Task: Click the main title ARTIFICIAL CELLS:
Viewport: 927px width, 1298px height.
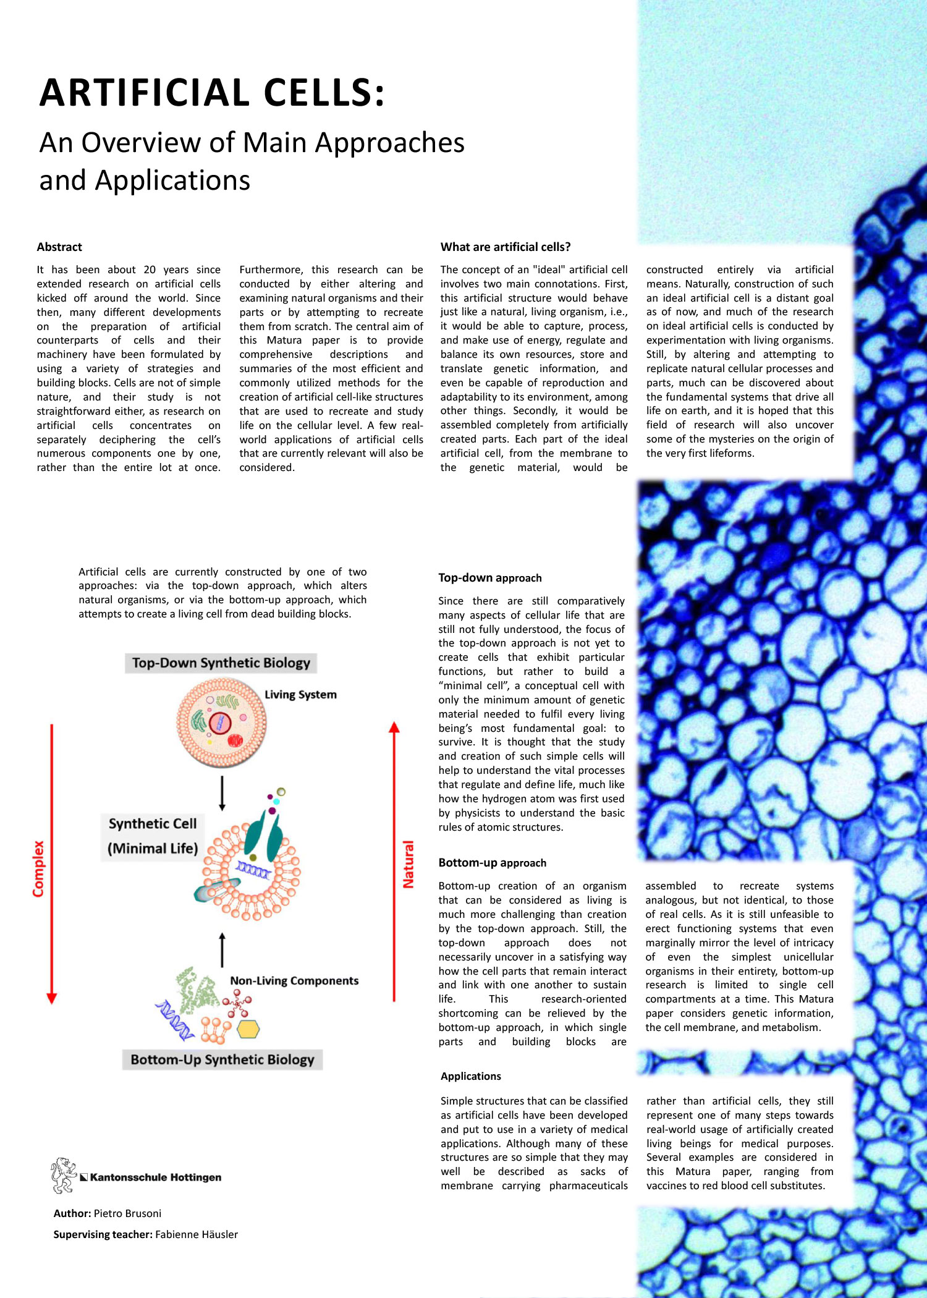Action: [x=212, y=93]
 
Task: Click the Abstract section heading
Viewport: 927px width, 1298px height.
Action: [x=59, y=247]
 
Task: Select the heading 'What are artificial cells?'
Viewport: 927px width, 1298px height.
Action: [x=506, y=247]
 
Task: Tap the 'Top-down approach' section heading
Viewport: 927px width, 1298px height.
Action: [x=490, y=578]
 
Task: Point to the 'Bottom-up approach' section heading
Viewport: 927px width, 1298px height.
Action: [x=493, y=863]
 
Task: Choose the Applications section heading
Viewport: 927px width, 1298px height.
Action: [x=471, y=1076]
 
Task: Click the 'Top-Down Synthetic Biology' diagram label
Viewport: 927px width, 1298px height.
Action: [x=221, y=663]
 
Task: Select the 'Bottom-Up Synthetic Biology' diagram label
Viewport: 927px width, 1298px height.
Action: [x=222, y=1059]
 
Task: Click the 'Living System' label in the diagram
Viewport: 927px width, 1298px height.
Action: [x=300, y=695]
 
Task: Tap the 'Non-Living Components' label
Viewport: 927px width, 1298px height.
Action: [x=294, y=981]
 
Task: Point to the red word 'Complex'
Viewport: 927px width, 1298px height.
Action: [x=39, y=868]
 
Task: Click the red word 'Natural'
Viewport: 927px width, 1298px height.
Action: [x=408, y=864]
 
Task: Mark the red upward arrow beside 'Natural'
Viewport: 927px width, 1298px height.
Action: [x=394, y=859]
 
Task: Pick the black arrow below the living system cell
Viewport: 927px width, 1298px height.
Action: [x=222, y=792]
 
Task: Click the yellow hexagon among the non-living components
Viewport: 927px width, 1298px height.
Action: [x=248, y=1029]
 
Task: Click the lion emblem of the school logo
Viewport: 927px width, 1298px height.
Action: [x=63, y=1175]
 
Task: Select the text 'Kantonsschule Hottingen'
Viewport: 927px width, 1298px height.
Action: [x=156, y=1177]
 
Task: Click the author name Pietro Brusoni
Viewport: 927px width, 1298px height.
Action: [x=127, y=1213]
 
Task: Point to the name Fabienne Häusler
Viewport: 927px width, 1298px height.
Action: [x=197, y=1234]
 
